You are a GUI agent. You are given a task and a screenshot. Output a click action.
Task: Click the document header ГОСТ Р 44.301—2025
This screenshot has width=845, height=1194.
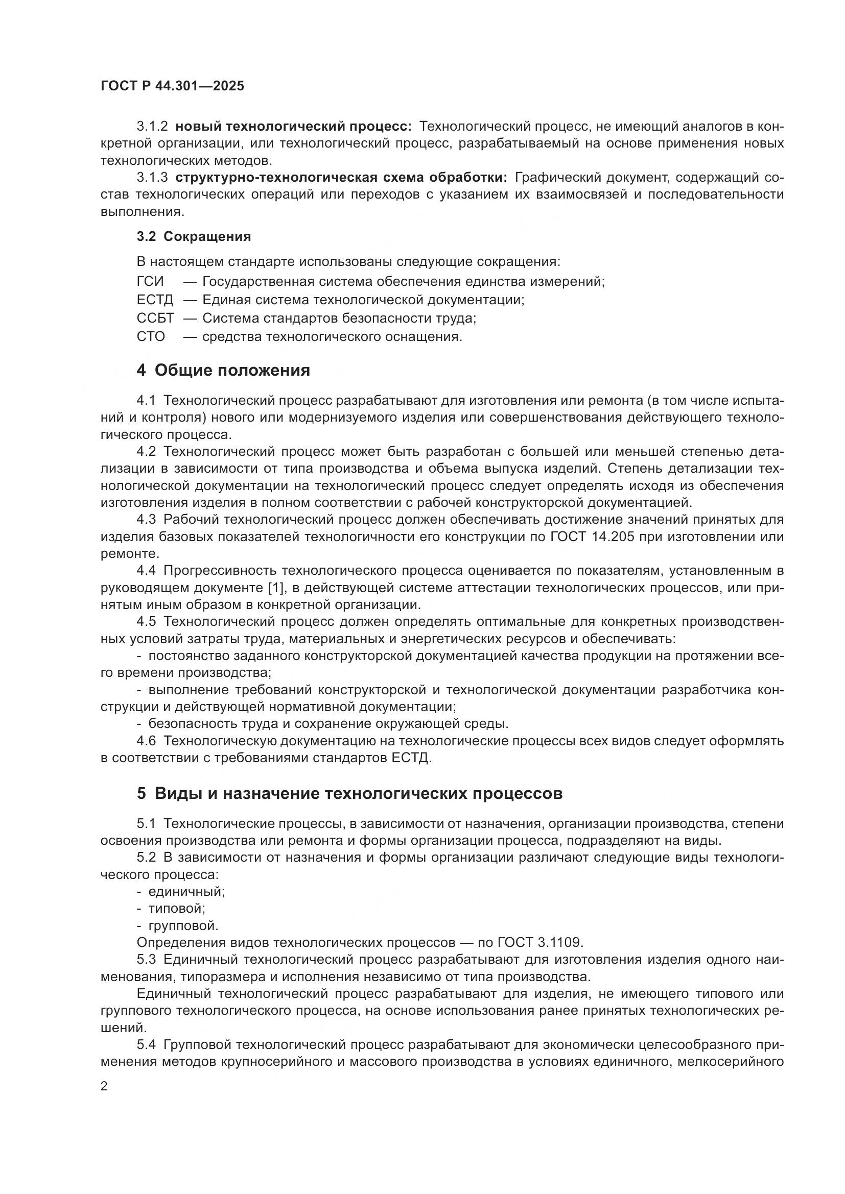coord(172,86)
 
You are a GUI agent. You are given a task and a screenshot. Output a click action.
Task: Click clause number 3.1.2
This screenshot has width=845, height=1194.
coord(152,127)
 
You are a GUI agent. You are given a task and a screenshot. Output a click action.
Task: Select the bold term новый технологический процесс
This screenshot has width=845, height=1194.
coord(293,127)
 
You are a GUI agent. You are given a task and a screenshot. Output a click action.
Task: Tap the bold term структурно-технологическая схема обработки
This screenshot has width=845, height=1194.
coord(341,177)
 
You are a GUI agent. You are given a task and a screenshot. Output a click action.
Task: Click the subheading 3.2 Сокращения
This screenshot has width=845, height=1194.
coord(194,237)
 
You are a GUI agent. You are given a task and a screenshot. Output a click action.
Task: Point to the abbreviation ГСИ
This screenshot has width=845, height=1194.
coord(150,281)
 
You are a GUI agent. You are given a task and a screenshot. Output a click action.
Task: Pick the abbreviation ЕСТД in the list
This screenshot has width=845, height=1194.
coord(154,300)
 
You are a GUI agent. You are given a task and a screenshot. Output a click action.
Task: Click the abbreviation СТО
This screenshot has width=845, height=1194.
coord(150,336)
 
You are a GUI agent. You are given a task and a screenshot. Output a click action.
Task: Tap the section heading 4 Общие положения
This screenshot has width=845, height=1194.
coord(223,370)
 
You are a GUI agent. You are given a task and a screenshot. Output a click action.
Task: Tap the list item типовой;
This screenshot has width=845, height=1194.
coord(177,909)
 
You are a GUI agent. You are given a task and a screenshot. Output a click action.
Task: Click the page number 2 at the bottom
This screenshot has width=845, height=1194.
coord(104,1086)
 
